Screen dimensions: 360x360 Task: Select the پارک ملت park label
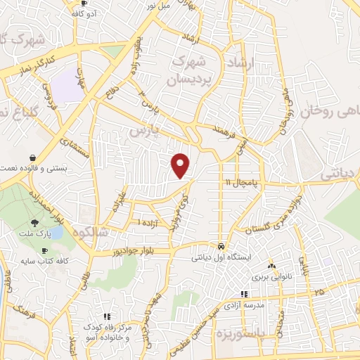coord(34,233)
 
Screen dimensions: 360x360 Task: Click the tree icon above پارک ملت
coord(34,223)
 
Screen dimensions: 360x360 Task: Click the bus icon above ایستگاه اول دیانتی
coord(221,247)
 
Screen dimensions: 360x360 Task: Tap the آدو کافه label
coord(84,13)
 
